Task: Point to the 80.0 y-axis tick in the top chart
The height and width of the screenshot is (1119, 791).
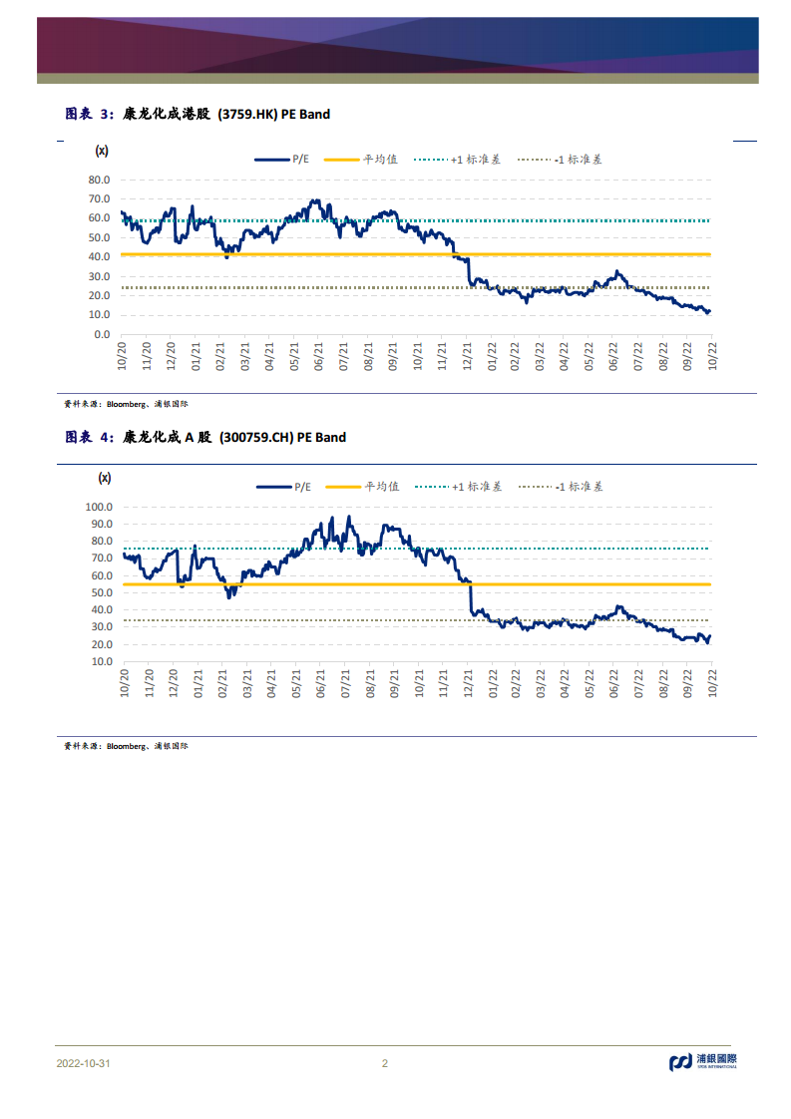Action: [x=99, y=181]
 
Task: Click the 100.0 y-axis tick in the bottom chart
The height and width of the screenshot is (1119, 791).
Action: [x=97, y=507]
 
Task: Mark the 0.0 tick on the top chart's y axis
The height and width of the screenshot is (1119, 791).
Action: [x=102, y=335]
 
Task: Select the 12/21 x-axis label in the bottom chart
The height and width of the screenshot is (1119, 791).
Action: [x=468, y=683]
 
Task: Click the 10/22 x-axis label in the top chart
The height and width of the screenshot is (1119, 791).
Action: [x=711, y=357]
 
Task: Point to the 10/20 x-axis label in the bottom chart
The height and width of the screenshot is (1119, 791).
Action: [x=125, y=683]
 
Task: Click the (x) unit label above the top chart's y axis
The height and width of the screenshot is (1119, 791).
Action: [x=101, y=151]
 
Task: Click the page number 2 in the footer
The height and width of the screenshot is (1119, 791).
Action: [x=385, y=1063]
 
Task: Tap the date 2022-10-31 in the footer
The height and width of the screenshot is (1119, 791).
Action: [x=83, y=1063]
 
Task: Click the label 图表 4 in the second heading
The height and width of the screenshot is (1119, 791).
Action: [x=88, y=437]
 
